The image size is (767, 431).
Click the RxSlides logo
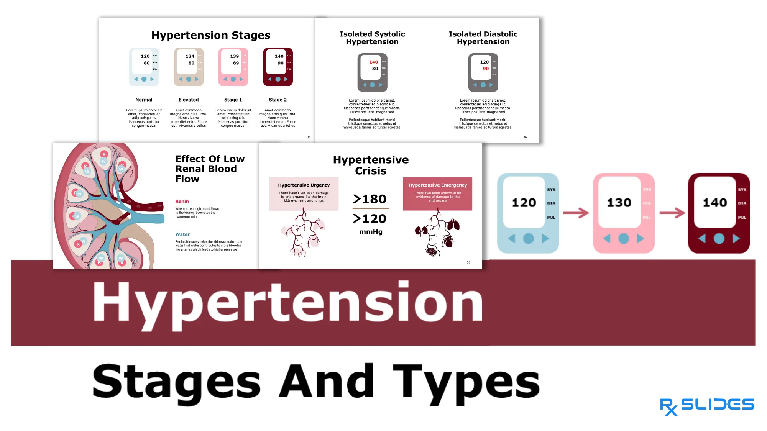click(x=706, y=406)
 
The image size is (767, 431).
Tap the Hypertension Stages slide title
click(x=211, y=35)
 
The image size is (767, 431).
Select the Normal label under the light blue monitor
click(x=144, y=100)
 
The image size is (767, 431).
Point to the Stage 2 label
click(x=278, y=100)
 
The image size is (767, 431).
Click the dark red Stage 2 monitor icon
click(x=278, y=67)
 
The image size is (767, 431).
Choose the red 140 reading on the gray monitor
click(x=373, y=62)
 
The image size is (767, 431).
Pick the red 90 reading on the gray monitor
click(x=486, y=69)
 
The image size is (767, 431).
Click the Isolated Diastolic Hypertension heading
click(x=483, y=38)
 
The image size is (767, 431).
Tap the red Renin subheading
click(x=182, y=201)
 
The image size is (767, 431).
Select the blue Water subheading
click(x=182, y=234)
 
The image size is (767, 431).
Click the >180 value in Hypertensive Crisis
click(x=370, y=199)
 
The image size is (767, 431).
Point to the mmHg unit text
click(x=371, y=232)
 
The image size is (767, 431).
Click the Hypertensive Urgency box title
click(x=304, y=185)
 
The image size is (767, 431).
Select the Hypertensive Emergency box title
click(x=437, y=185)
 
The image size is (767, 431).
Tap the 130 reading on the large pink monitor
click(x=619, y=202)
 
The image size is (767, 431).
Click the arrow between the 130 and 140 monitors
click(x=672, y=213)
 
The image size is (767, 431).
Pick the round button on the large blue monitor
click(x=528, y=238)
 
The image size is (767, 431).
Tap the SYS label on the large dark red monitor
click(x=742, y=190)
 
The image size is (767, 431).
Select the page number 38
click(x=468, y=262)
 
